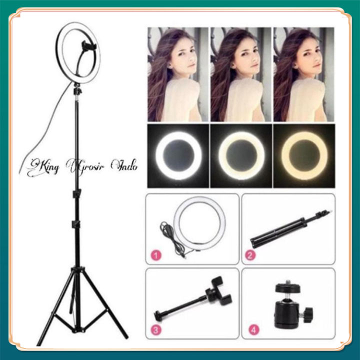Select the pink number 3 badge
157,331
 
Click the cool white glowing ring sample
178,155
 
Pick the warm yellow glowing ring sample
304,155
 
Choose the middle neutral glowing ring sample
241,155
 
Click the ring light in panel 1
200,222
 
